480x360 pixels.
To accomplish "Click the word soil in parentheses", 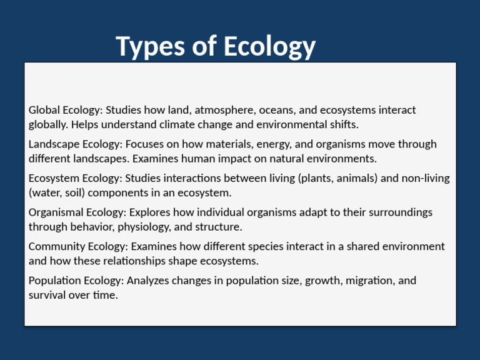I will click(75, 192).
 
